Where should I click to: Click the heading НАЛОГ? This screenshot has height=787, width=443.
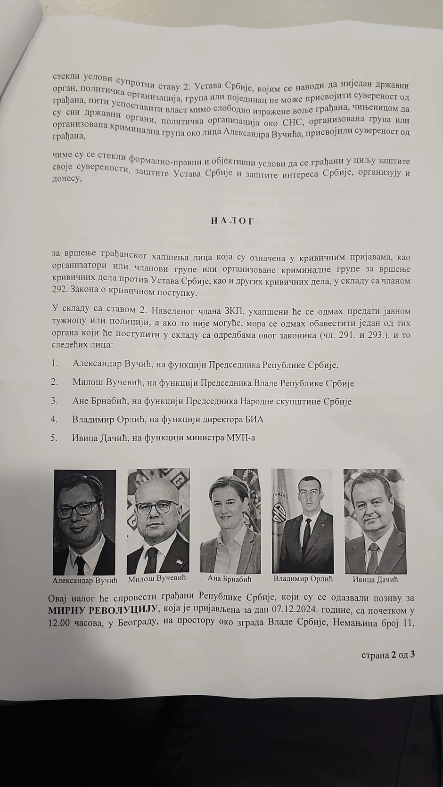tap(232, 221)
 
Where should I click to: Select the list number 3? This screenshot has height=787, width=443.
tap(55, 401)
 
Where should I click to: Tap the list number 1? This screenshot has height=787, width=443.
tap(55, 363)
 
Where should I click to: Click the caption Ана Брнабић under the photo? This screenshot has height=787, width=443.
tap(230, 579)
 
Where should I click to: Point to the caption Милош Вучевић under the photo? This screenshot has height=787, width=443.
tap(157, 578)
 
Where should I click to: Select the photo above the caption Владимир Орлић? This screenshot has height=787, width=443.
tap(302, 521)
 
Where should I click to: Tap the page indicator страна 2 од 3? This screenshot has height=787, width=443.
tap(388, 655)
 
